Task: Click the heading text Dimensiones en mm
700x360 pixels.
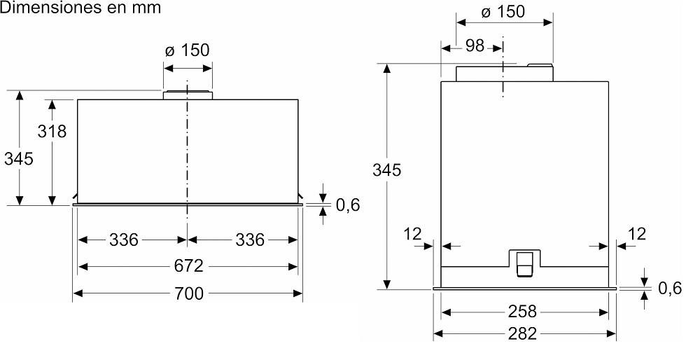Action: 80,8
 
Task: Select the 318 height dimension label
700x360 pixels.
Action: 52,131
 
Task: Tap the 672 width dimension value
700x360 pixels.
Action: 188,266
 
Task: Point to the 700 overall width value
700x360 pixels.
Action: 188,293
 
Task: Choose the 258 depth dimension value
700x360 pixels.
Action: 523,311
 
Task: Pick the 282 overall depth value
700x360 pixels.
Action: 523,333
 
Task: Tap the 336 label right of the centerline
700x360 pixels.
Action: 250,240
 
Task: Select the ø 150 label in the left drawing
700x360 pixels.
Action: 187,50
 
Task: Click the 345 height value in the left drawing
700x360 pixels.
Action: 19,159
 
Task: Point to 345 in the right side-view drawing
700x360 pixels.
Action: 386,170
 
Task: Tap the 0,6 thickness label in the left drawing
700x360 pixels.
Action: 347,205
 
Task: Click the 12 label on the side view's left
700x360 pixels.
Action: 414,233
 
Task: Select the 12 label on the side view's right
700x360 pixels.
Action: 638,233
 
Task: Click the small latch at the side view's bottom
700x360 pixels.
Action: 524,264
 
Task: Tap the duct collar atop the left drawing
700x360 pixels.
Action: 188,95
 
